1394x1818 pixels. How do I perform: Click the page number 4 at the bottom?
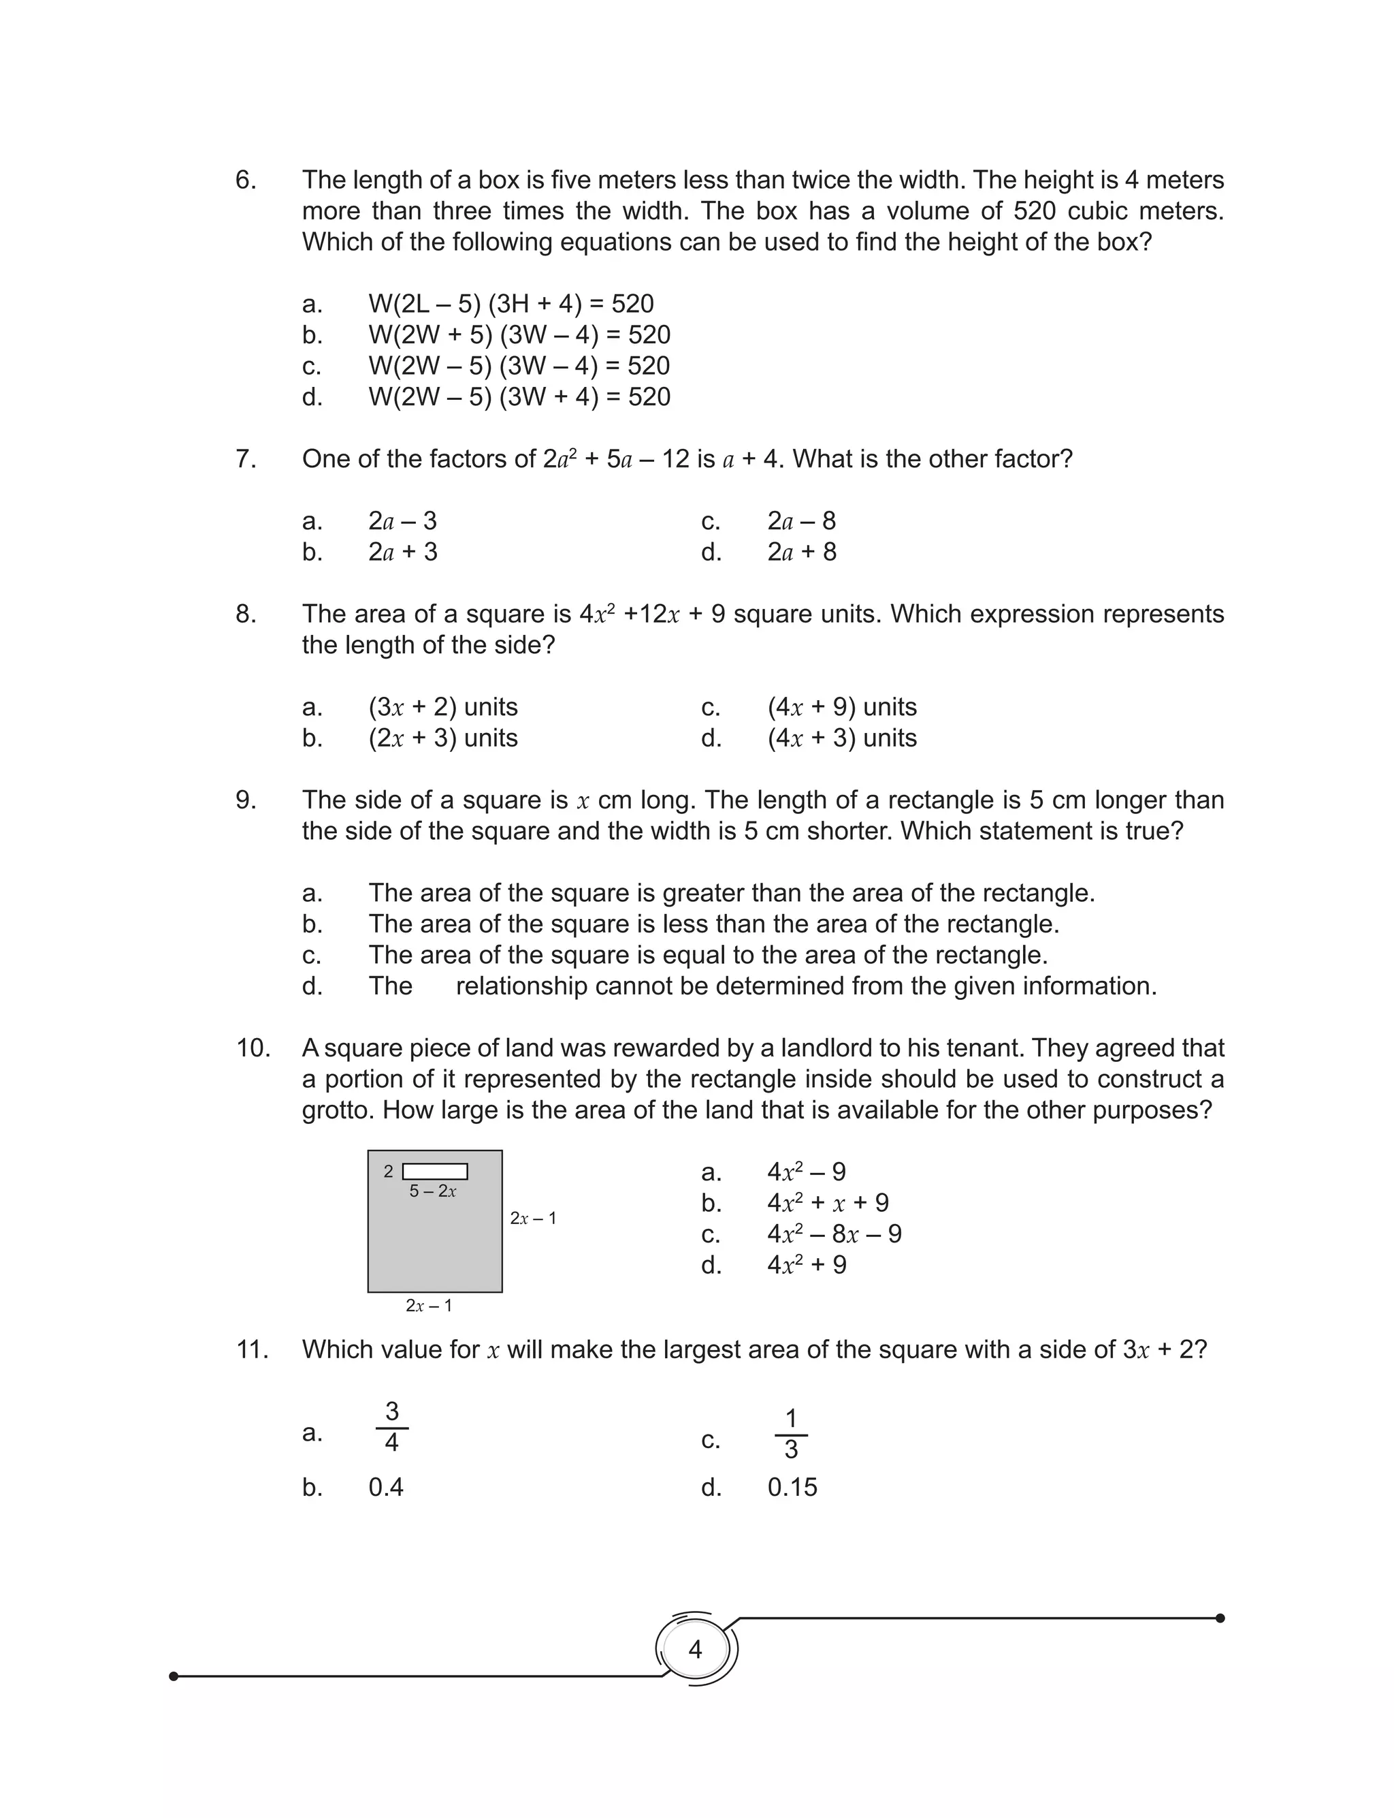tap(696, 1648)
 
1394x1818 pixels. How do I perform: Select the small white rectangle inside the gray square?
tap(435, 1172)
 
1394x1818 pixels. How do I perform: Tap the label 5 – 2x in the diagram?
tap(432, 1191)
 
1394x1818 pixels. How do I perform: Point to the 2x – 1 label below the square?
tap(429, 1306)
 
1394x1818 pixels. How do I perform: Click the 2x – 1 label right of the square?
tap(534, 1219)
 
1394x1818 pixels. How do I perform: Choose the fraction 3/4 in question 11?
tap(391, 1426)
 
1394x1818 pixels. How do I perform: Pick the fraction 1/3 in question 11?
tap(791, 1434)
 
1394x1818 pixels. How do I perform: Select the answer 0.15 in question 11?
tap(792, 1487)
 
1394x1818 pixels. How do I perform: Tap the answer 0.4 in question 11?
tap(386, 1487)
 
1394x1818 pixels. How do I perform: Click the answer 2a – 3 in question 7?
tap(402, 521)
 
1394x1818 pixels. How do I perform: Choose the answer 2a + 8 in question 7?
tap(802, 552)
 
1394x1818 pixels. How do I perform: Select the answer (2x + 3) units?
tap(443, 738)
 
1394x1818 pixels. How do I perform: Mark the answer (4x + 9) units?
tap(842, 707)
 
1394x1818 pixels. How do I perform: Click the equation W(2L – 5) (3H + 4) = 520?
tap(511, 304)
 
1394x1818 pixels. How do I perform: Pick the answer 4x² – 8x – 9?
tap(834, 1234)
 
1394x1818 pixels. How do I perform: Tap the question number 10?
tap(253, 1048)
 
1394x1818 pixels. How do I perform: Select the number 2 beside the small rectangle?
tap(389, 1172)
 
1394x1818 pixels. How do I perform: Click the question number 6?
tap(246, 180)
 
